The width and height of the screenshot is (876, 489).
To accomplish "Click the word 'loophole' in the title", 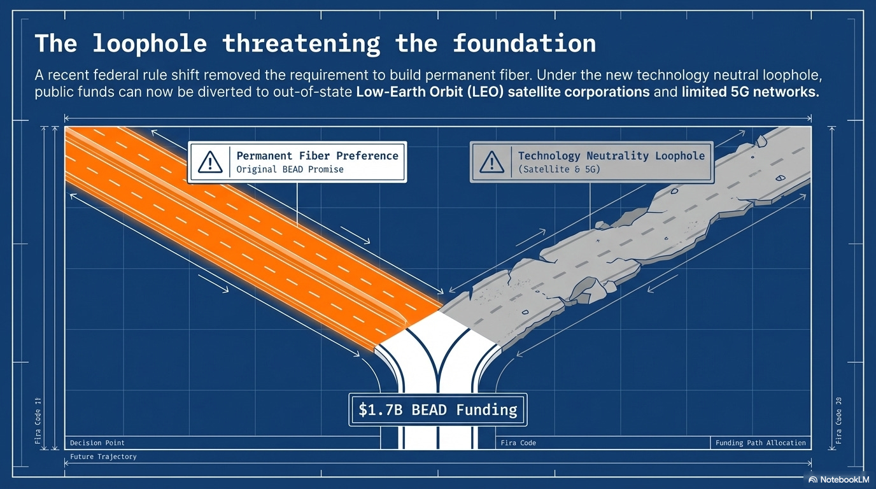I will tap(150, 43).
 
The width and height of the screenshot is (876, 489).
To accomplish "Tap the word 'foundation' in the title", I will tap(524, 43).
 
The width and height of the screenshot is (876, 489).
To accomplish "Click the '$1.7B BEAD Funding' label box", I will tap(437, 409).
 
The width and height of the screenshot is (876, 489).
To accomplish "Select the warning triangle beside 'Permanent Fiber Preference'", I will tap(210, 162).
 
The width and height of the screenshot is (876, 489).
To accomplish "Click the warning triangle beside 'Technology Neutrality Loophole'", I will tap(491, 162).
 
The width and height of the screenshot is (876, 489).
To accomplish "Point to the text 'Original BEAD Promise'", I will tap(290, 170).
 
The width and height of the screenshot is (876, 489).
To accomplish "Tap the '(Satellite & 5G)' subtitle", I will tap(559, 170).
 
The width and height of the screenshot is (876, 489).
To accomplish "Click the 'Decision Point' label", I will tap(97, 443).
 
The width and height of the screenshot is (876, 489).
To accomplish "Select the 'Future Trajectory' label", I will tap(103, 457).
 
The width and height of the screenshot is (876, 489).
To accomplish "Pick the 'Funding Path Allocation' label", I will tap(760, 443).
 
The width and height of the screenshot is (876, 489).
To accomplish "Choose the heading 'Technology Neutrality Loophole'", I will tap(611, 155).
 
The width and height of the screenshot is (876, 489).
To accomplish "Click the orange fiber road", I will tap(242, 236).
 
